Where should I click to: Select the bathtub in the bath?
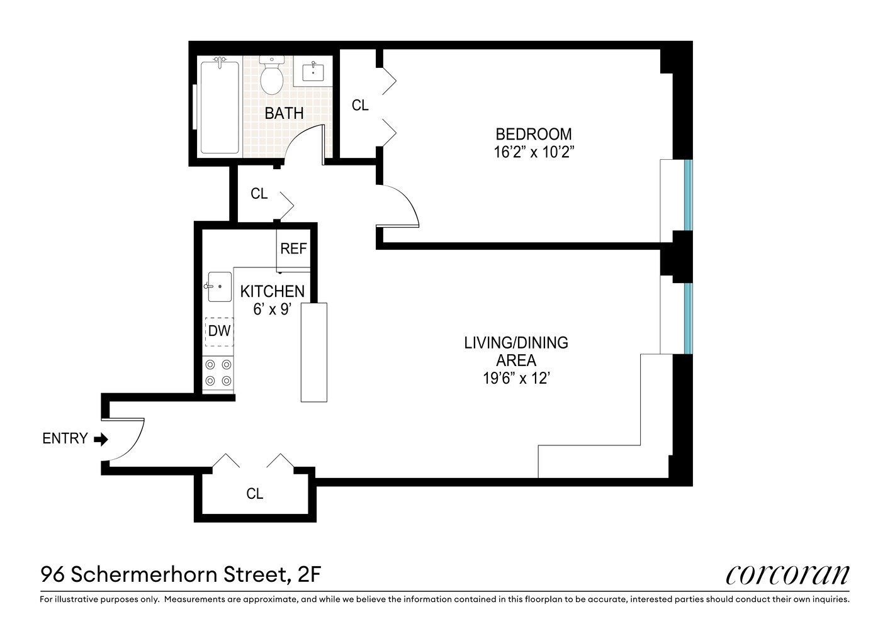click(219, 107)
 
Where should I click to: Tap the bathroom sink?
click(313, 72)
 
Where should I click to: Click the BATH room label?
click(284, 113)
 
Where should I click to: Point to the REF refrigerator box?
click(293, 248)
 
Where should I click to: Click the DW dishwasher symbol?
click(219, 331)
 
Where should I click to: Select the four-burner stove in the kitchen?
click(218, 372)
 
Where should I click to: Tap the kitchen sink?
click(218, 287)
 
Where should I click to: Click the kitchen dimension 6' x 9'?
click(272, 309)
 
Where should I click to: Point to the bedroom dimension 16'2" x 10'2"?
click(534, 152)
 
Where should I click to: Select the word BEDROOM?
click(534, 134)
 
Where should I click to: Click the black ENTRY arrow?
click(101, 439)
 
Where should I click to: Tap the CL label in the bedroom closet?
click(360, 106)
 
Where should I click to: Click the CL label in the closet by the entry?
click(254, 494)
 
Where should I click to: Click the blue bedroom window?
click(688, 195)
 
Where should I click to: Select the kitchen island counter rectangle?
click(314, 352)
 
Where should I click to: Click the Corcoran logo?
click(787, 574)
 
